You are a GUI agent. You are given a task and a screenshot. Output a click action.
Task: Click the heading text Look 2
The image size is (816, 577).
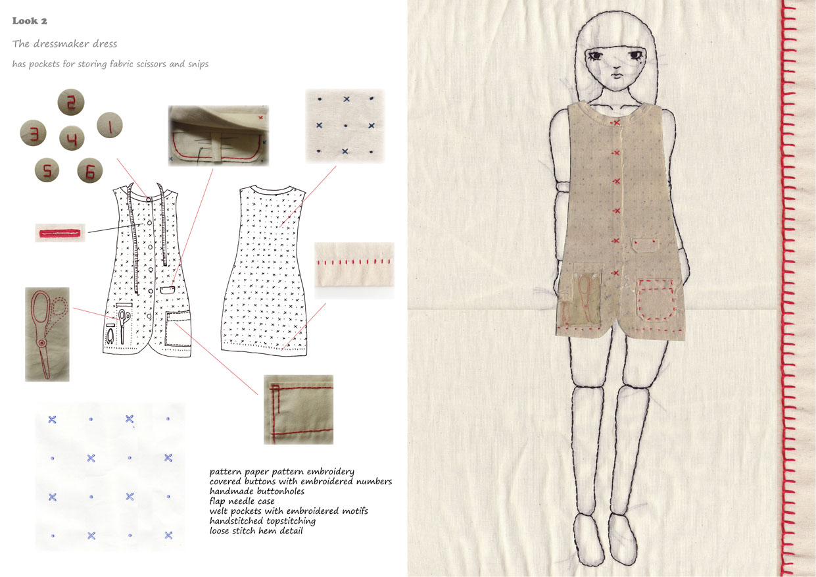30,21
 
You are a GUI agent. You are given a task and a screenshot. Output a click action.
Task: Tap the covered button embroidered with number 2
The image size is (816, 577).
71,102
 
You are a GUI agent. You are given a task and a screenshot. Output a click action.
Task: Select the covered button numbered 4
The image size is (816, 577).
72,138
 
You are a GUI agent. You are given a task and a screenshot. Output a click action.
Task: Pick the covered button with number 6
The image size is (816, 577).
90,170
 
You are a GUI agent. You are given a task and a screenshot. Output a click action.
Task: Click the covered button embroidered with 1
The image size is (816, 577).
110,125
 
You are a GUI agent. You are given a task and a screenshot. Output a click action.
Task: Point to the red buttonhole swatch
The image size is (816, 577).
60,233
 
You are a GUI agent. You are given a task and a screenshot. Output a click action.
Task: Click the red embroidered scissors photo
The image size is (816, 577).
47,334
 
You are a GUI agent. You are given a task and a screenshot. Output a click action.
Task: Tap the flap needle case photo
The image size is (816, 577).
218,136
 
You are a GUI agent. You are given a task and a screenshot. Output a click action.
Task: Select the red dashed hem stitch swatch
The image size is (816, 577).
354,270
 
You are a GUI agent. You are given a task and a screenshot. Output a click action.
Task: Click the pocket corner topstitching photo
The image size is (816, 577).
299,410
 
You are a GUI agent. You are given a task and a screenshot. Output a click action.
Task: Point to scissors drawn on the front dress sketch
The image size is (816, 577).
124,326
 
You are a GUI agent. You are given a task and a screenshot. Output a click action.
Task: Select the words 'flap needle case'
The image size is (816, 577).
242,501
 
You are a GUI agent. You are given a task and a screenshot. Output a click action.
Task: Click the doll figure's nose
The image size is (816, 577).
615,66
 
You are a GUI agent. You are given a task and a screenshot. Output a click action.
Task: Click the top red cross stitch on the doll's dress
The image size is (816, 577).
616,123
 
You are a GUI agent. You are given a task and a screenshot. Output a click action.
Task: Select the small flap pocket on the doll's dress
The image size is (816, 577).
644,245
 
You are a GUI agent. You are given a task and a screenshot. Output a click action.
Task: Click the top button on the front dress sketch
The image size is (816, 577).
149,199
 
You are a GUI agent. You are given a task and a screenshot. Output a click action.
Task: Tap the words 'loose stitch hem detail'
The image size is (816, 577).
256,531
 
